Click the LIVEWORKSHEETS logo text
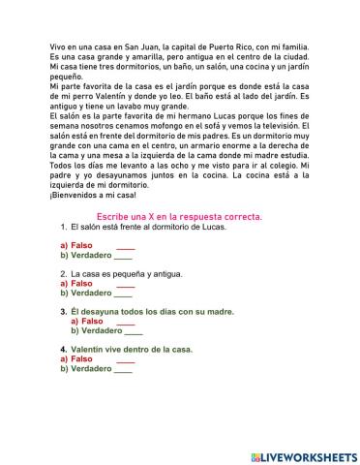[308, 455]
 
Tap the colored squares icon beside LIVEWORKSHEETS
[255, 455]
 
